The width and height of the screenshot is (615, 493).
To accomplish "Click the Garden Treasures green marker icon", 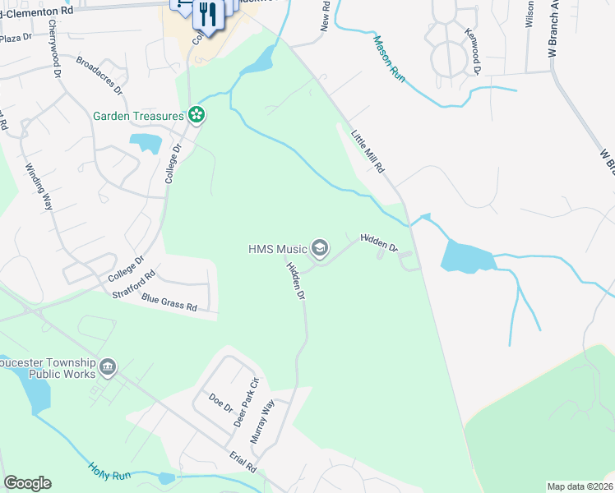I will point(197,115).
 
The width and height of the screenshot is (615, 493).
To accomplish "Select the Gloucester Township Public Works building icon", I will point(108,366).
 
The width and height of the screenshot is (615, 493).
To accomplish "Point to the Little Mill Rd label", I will point(368,150).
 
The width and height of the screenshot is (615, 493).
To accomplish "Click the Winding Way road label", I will point(39,187).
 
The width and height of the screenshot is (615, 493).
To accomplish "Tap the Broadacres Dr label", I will point(99,74).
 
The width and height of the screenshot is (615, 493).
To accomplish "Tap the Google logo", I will point(27,483).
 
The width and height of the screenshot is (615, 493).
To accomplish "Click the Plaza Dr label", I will point(16,38).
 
